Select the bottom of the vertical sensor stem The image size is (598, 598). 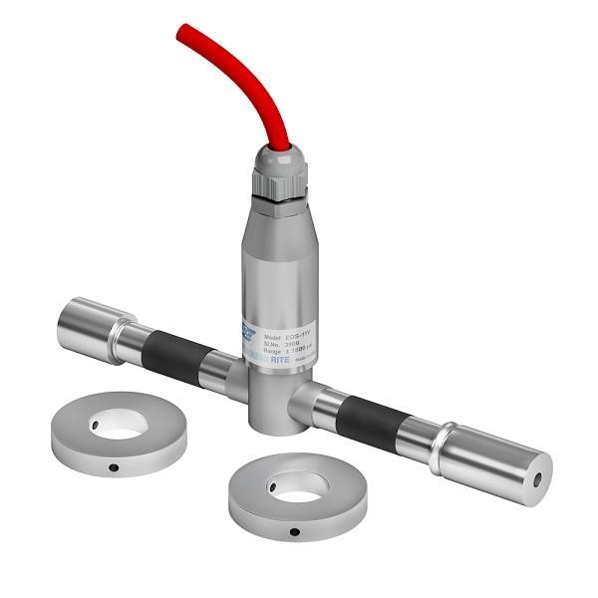(270, 419)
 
